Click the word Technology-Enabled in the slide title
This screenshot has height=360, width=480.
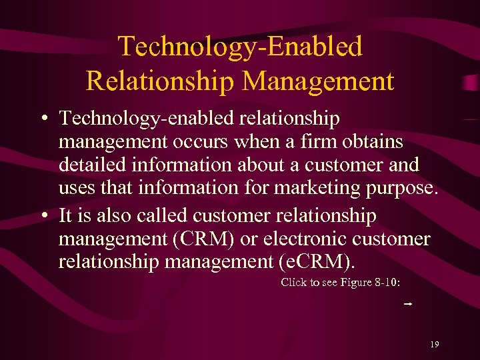pos(240,47)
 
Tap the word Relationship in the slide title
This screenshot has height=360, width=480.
pos(161,81)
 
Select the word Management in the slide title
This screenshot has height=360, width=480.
pos(318,81)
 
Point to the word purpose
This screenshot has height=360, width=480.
pos(403,189)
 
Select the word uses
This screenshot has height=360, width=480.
pos(77,187)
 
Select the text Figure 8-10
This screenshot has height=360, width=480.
pos(369,282)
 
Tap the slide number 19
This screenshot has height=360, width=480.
pos(434,345)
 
